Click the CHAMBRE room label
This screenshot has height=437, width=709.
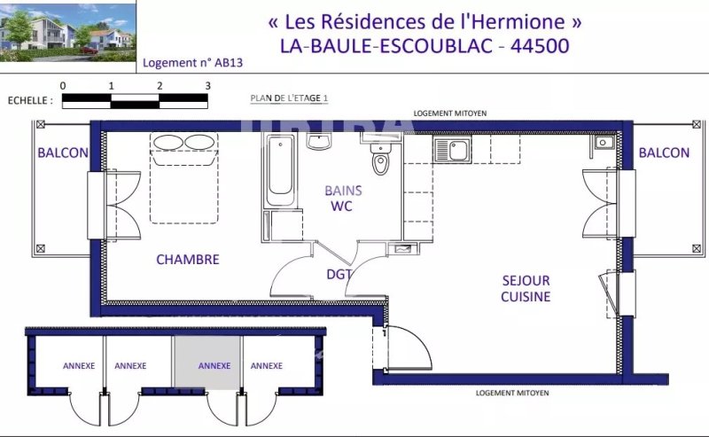point(188,259)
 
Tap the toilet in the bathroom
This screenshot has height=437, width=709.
point(381,159)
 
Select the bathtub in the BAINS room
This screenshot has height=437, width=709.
point(280,170)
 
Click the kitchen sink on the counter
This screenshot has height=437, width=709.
point(453,150)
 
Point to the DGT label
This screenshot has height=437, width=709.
point(339,274)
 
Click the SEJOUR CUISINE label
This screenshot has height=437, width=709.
point(526,289)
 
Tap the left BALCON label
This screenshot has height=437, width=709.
point(63,152)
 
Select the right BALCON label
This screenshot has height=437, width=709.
point(664,152)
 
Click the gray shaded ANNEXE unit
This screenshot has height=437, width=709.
point(207,363)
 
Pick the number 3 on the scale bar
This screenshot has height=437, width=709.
point(207,86)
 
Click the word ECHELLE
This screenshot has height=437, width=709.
point(27,100)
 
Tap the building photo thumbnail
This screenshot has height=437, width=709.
point(68,33)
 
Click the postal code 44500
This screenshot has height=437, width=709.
point(540,46)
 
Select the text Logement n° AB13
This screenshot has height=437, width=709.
point(192,63)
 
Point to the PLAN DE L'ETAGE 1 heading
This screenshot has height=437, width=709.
point(290,98)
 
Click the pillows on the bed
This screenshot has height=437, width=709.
point(183,142)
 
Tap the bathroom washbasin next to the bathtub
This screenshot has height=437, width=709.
point(320,140)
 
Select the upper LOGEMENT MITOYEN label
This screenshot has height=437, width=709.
point(450,113)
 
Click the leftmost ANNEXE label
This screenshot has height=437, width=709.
point(79,365)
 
